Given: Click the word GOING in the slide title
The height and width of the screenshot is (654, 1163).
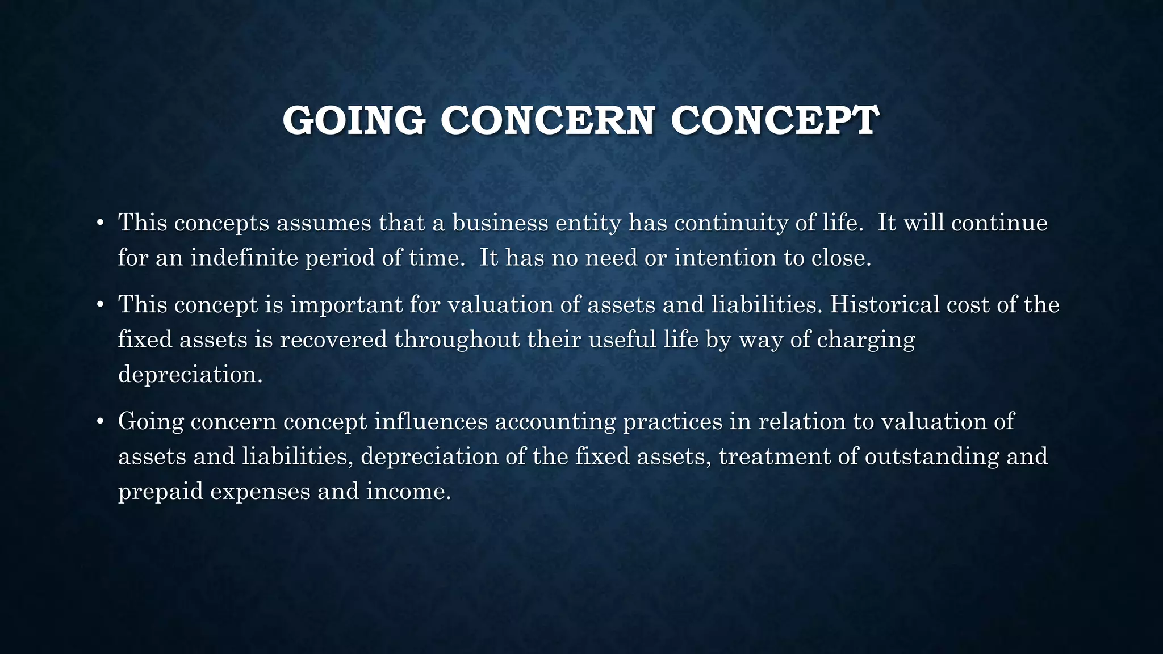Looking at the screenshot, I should click(x=354, y=120).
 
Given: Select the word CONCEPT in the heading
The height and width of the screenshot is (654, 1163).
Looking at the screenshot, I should click(x=775, y=120).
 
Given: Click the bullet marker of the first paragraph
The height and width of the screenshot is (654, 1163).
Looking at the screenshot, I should click(x=100, y=223).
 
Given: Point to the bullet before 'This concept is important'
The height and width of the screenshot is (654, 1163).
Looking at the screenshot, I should click(x=100, y=305).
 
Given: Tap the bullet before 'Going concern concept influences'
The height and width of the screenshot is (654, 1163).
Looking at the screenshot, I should click(x=100, y=422).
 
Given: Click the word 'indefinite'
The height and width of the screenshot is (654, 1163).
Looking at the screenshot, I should click(x=244, y=258).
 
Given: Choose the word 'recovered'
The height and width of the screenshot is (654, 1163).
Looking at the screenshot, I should click(x=333, y=339).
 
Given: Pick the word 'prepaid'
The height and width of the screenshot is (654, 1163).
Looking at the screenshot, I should click(x=161, y=492).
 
